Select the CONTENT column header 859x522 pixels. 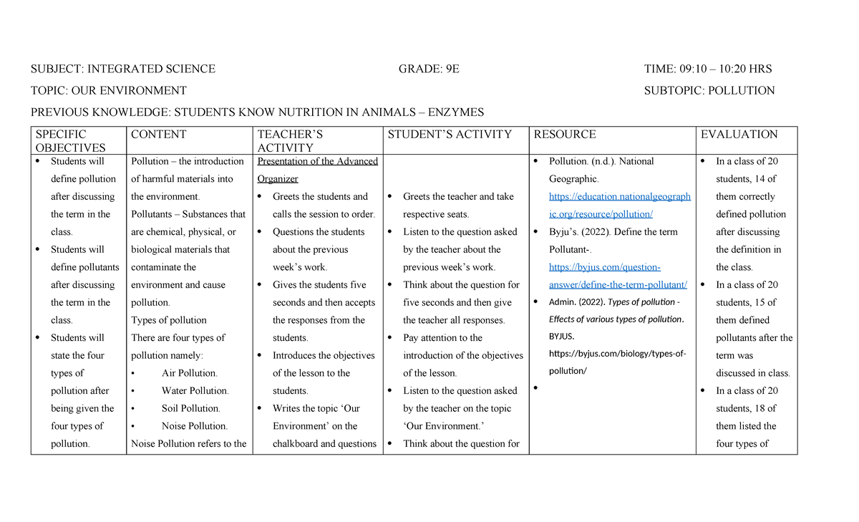click(x=158, y=135)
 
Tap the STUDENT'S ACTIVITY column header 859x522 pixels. click(x=450, y=135)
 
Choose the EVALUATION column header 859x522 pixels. click(x=739, y=135)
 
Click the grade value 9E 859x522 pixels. click(x=452, y=69)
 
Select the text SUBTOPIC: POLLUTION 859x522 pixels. click(x=709, y=91)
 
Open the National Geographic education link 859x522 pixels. click(x=619, y=197)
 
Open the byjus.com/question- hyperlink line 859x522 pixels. click(x=605, y=268)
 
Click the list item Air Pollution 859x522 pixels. click(x=189, y=373)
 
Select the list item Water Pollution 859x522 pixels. click(x=195, y=391)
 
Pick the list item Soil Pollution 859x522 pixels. click(x=190, y=408)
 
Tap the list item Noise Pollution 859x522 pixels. click(x=195, y=426)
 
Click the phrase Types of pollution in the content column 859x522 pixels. click(x=169, y=320)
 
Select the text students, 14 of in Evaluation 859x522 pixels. click(x=746, y=179)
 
